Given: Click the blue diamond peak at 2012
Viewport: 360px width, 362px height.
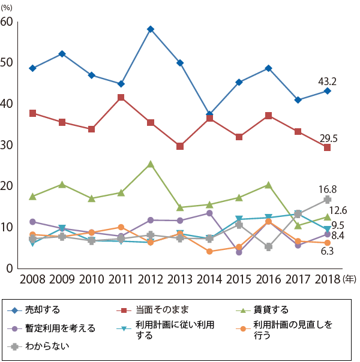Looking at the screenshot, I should (x=151, y=29).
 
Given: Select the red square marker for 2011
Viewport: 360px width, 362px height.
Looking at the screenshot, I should (x=121, y=97).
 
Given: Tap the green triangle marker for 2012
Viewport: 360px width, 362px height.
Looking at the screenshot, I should (x=151, y=164).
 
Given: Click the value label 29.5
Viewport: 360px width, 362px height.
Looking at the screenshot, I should (x=328, y=138).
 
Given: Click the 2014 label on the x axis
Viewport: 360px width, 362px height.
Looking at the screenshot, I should (x=209, y=279).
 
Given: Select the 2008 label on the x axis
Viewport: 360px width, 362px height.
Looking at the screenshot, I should (x=32, y=279).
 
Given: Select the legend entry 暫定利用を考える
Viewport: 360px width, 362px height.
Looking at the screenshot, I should (x=59, y=328).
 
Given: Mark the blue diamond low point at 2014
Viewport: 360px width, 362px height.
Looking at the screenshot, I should (x=209, y=114).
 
